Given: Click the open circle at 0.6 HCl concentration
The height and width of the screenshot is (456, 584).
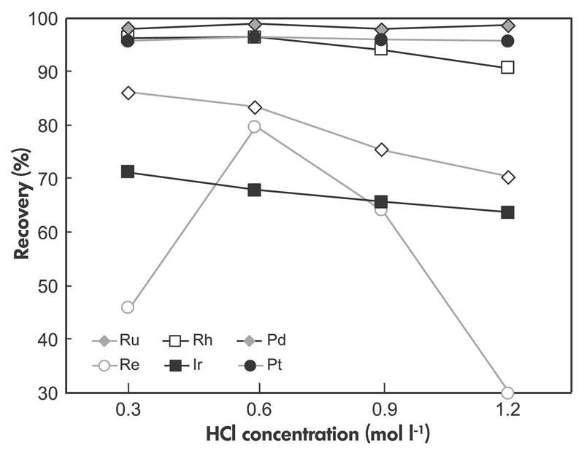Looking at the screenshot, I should click(254, 126).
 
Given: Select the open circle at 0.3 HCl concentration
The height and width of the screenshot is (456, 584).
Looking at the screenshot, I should click(128, 307).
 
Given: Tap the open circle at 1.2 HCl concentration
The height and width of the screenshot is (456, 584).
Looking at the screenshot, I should click(507, 393).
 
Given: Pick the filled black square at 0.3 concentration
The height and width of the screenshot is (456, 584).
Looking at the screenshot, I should click(128, 171).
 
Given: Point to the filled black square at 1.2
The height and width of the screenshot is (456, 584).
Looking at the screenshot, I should click(507, 212).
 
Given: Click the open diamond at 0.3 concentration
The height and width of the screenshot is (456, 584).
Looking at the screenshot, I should click(128, 93).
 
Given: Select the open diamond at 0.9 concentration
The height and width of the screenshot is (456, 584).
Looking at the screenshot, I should click(381, 150).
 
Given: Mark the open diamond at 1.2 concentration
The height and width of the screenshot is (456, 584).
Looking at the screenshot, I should click(507, 177).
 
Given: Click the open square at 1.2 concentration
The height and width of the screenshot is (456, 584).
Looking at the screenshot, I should click(507, 67).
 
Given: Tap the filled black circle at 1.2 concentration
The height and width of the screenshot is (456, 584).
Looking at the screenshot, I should click(507, 41).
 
